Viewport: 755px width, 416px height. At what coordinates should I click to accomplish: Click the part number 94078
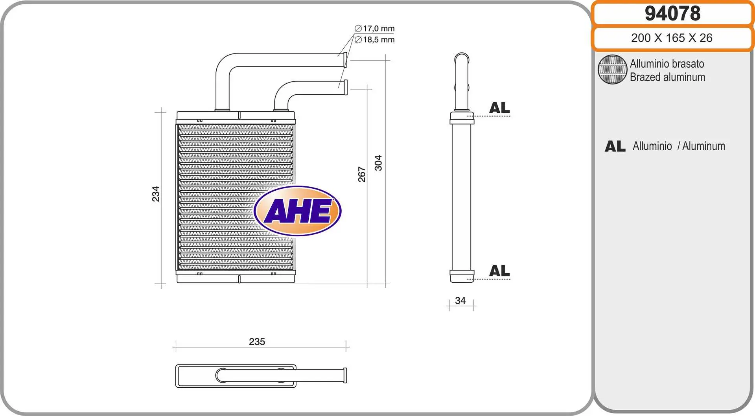coord(672,13)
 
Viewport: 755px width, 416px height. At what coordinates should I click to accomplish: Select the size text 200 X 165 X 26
coord(672,38)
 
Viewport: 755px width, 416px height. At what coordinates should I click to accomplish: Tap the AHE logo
coord(298,211)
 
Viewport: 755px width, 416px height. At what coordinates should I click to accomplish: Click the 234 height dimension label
coord(156,194)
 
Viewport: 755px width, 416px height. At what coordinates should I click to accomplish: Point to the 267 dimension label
coord(362,175)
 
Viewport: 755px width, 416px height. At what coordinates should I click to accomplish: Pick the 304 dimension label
coord(378,163)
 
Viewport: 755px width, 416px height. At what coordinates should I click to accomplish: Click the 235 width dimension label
coord(257,342)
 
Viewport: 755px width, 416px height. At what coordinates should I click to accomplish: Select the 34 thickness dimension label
coord(460,301)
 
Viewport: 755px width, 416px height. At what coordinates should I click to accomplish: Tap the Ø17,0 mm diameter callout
coord(375,29)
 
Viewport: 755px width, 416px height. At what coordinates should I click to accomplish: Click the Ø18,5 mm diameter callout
coord(375,40)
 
